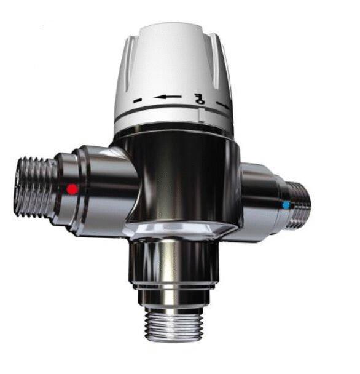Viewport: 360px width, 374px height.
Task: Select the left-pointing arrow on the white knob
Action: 168,97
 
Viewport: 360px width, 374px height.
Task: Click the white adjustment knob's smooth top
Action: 176,46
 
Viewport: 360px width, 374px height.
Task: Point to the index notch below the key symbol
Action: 200,113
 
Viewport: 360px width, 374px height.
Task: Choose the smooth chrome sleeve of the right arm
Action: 258,197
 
